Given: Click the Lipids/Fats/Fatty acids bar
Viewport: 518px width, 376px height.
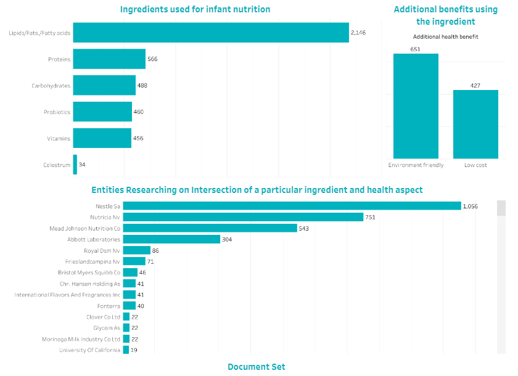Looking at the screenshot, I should click(211, 33).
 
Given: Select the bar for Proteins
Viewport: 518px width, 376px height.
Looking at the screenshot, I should click(109, 59).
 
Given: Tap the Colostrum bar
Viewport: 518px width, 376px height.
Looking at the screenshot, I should click(75, 165).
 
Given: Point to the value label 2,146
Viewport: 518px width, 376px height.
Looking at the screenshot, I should click(358, 33).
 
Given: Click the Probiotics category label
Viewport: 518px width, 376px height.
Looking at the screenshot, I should click(57, 112).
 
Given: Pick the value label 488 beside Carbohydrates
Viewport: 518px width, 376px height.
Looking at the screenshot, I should click(142, 86).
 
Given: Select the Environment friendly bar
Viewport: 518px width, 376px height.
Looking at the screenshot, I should click(416, 106).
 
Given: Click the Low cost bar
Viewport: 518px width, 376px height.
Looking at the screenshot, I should click(475, 124).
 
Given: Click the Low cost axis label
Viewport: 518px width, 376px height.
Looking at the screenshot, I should click(475, 165).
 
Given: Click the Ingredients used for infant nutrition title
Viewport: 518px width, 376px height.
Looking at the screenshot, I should click(195, 9).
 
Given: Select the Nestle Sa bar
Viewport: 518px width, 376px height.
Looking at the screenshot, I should click(292, 206).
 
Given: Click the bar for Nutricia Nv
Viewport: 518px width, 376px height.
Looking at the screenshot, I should click(243, 217).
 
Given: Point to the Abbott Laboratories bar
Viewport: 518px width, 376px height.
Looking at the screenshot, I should click(171, 239).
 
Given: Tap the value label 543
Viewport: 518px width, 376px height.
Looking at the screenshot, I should click(303, 228).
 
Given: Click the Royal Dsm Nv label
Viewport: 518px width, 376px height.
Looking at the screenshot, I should click(102, 251).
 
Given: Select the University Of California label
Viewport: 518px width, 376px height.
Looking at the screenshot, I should click(89, 350).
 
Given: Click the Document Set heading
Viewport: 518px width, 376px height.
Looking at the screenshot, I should click(257, 367).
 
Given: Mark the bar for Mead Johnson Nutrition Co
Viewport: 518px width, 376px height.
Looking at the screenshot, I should click(210, 228).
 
